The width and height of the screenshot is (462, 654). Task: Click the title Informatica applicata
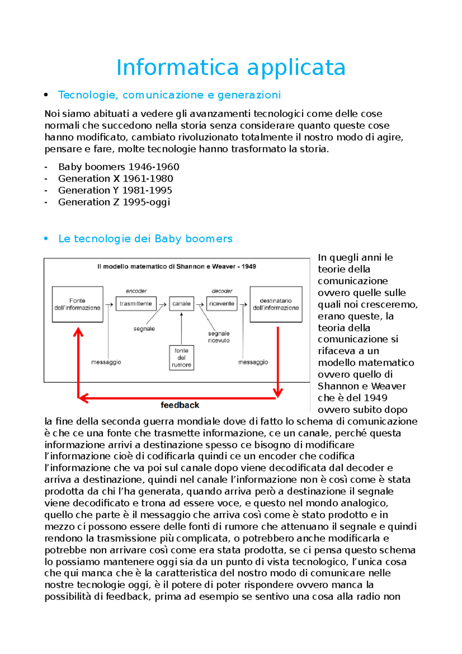[x=231, y=67]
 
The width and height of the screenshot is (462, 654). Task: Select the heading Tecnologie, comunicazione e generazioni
[x=169, y=95]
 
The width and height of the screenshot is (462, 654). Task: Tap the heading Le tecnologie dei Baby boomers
[x=145, y=239]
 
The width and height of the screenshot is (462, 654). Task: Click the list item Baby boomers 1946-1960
[x=119, y=167]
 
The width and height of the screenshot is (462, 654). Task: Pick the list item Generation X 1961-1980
[x=115, y=179]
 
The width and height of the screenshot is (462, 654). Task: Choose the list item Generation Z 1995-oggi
[x=114, y=202]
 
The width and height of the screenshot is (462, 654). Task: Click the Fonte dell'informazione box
[x=77, y=304]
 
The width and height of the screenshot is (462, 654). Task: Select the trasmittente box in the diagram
[x=136, y=304]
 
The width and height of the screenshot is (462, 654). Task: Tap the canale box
[x=181, y=304]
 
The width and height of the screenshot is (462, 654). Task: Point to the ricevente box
[x=222, y=304]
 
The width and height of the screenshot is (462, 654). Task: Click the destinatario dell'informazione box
[x=276, y=304]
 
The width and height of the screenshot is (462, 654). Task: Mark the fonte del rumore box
[x=181, y=358]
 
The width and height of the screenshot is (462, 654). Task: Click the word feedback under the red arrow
[x=180, y=405]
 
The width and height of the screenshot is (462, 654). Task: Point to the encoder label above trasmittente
[x=136, y=291]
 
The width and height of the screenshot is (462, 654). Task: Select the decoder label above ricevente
[x=222, y=291]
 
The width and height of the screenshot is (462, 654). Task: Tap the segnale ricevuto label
[x=219, y=337]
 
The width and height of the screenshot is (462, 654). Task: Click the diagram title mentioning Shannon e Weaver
[x=177, y=267]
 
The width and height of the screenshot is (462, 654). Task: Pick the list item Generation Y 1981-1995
[x=115, y=190]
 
